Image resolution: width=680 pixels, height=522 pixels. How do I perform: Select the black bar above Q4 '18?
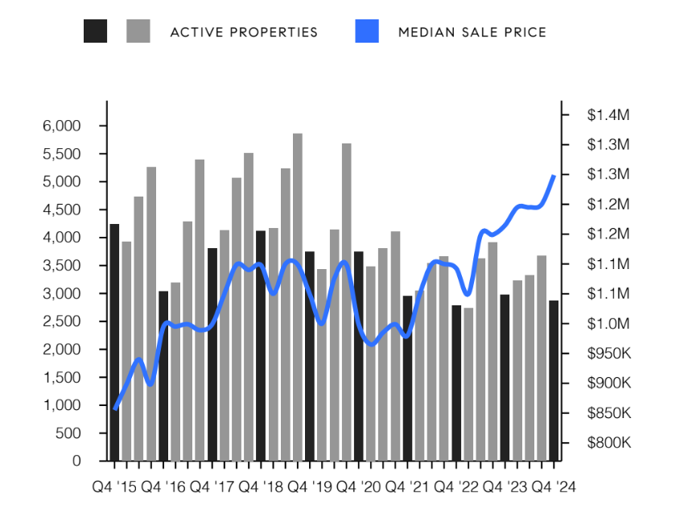(x=261, y=346)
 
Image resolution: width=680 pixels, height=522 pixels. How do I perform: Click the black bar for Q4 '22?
(x=456, y=383)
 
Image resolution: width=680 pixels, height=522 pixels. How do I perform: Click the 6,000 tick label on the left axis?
(x=64, y=126)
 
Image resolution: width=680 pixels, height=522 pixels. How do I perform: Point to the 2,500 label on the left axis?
(x=64, y=321)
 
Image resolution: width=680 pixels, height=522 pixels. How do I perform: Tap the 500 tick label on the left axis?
(x=70, y=433)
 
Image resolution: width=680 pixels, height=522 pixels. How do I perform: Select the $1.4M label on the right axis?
(x=608, y=115)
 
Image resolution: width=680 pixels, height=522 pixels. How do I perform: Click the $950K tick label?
(x=608, y=353)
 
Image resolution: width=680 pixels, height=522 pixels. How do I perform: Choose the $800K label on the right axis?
(x=608, y=442)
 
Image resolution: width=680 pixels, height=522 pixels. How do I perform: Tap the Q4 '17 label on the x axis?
(x=212, y=487)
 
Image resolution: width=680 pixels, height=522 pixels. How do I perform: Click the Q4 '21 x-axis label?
(x=407, y=487)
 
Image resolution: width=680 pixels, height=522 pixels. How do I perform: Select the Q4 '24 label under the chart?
(x=553, y=487)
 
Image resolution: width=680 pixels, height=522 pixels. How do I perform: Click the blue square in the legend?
(x=367, y=31)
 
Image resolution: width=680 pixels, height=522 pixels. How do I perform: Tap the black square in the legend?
(x=95, y=31)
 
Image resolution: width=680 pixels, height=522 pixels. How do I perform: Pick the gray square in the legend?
(x=138, y=31)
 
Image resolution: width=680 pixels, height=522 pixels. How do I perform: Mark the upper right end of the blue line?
(x=554, y=175)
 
